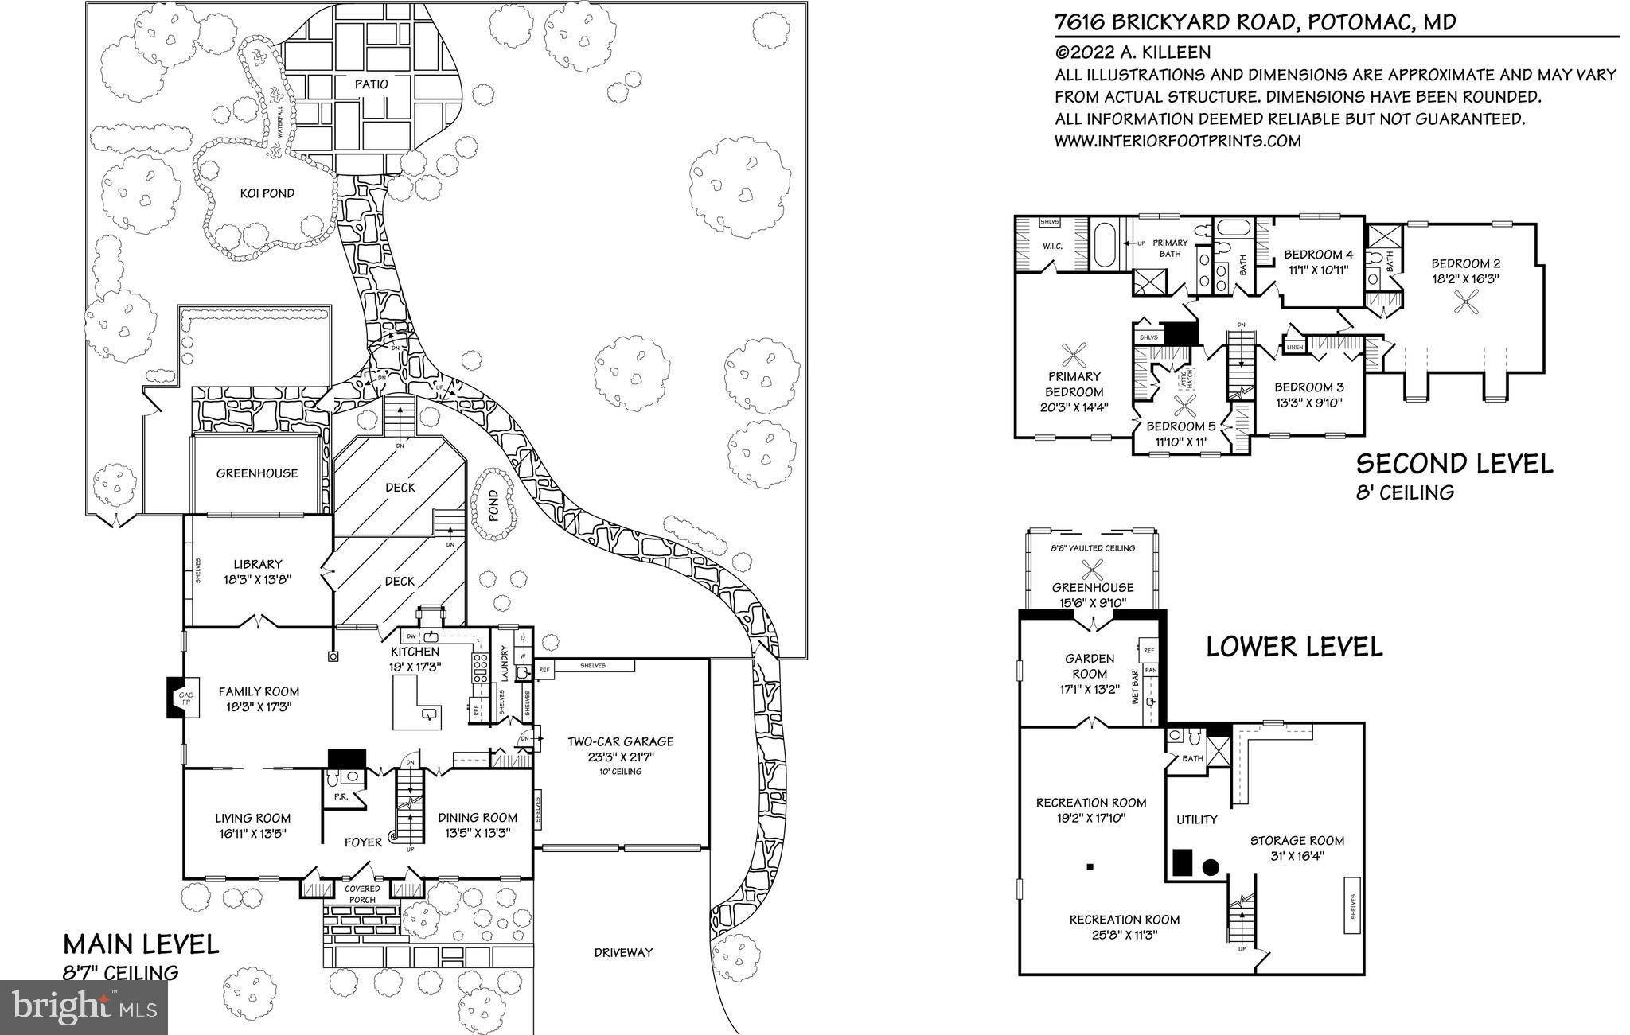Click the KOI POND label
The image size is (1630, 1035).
tap(267, 193)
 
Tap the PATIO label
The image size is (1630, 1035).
tap(372, 84)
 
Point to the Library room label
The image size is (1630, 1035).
tap(258, 564)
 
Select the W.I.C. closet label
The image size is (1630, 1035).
tap(1052, 247)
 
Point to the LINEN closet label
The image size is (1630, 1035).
tap(1294, 348)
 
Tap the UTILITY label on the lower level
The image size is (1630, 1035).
tap(1197, 819)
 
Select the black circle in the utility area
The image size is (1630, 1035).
tap(1211, 868)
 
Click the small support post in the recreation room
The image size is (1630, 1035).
tap(1090, 866)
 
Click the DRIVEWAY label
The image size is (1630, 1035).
tap(623, 952)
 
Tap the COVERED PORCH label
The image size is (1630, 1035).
tap(362, 894)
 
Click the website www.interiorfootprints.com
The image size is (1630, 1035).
tap(1177, 141)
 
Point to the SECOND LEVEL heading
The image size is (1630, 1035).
tap(1453, 464)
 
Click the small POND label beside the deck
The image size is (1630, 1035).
tap(493, 504)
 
